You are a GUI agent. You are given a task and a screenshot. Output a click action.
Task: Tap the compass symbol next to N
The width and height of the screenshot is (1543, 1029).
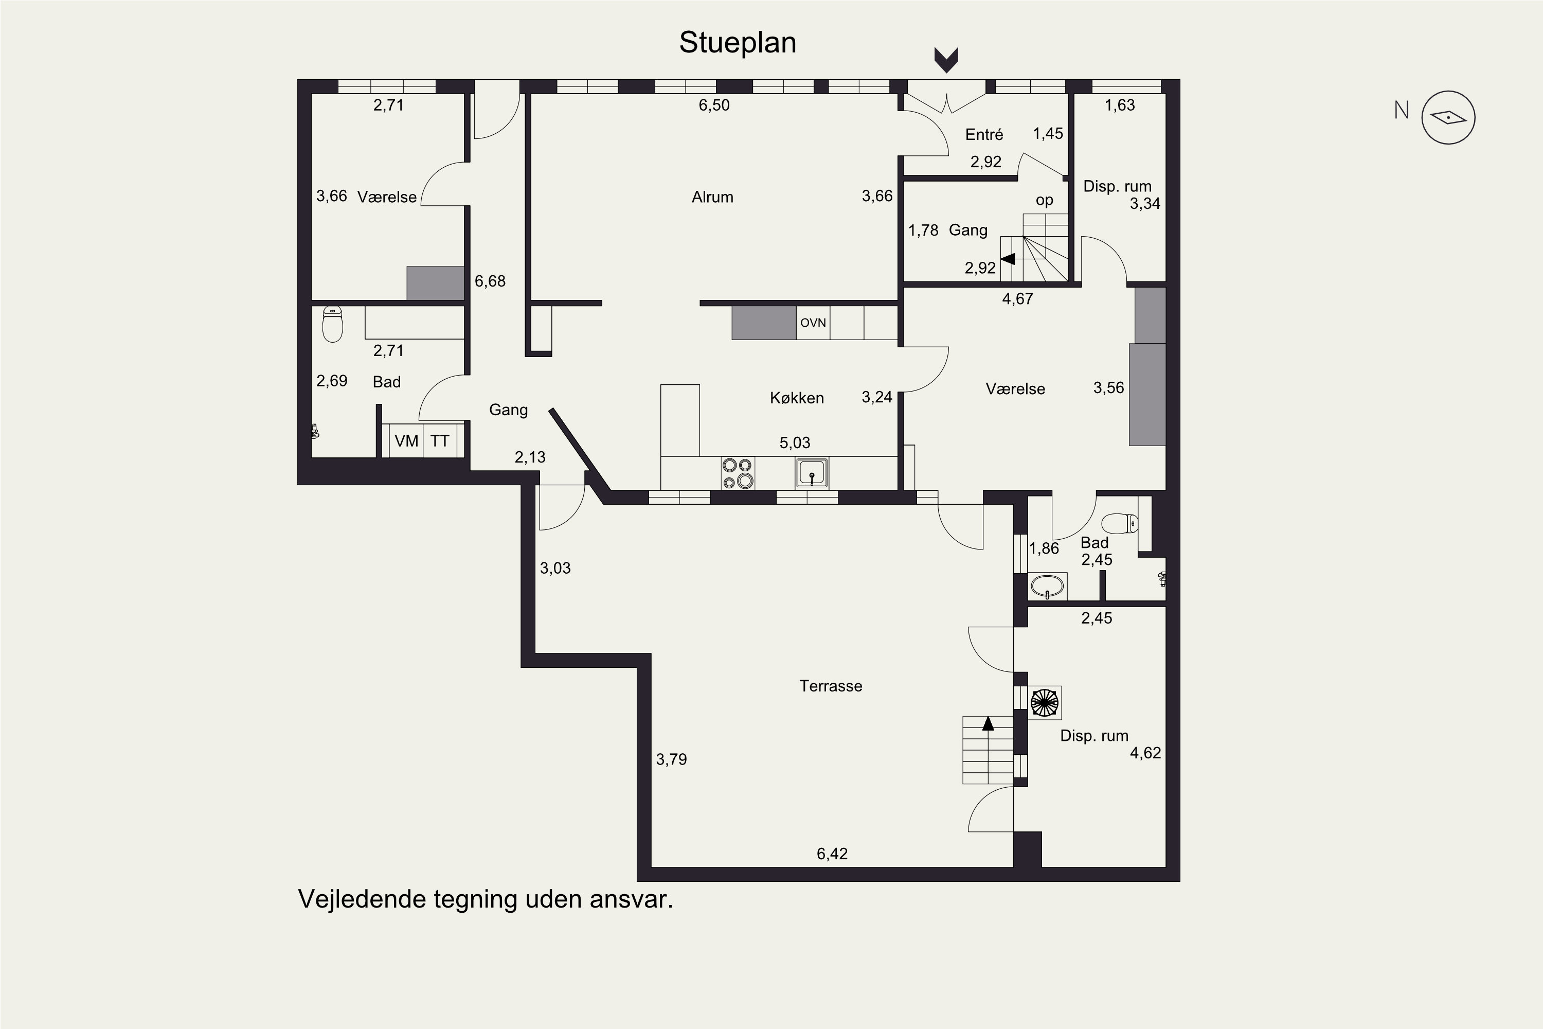1448,117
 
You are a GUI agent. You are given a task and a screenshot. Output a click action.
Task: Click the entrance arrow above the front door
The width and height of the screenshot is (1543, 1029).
946,60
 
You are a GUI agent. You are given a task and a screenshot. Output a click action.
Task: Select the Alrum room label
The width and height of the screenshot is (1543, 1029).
712,197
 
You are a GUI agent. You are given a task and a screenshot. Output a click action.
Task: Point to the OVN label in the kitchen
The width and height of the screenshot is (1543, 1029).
813,323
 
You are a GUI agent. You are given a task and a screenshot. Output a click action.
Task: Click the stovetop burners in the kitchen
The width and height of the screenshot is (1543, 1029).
738,473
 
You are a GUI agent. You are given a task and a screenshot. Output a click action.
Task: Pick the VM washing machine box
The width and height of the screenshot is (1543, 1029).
406,440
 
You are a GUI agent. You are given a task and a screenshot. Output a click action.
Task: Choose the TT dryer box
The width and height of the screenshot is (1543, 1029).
440,440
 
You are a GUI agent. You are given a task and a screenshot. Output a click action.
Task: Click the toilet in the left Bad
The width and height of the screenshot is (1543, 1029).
333,324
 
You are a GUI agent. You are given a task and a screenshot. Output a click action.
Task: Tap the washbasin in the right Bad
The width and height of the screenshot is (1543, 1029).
1047,586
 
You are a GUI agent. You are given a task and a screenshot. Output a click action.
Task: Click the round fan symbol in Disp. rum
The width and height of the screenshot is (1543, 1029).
1045,703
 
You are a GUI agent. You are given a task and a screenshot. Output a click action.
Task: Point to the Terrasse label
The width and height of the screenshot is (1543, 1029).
831,686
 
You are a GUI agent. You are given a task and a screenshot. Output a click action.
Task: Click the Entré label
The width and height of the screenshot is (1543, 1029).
984,134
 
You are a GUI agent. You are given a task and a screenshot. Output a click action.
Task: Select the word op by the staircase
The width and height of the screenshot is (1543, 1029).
1045,201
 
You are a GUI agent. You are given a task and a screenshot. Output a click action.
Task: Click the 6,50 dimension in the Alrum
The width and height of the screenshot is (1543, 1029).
714,105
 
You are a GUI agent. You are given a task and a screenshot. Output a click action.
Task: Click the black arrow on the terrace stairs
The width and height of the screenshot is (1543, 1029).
988,723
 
